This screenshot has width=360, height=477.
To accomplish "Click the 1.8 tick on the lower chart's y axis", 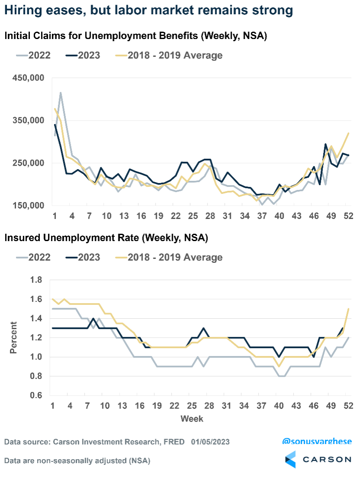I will pyautogui.click(x=36, y=281).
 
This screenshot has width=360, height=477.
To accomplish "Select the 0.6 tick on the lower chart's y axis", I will pyautogui.click(x=36, y=395).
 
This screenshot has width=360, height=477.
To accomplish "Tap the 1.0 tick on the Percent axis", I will pyautogui.click(x=36, y=357).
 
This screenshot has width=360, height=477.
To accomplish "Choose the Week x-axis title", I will pyautogui.click(x=191, y=419).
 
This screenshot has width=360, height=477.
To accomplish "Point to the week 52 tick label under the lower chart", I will pyautogui.click(x=348, y=406).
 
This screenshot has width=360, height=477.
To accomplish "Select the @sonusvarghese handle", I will pyautogui.click(x=317, y=441).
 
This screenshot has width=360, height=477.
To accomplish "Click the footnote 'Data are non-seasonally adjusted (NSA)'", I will pyautogui.click(x=77, y=461).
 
